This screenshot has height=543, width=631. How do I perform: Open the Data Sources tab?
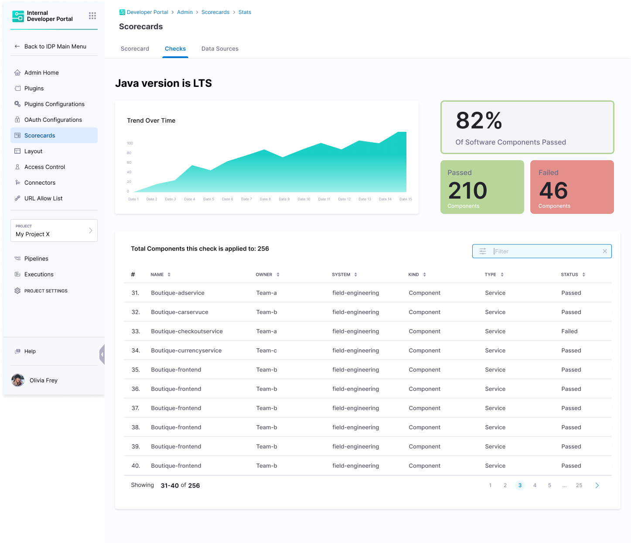coord(220,49)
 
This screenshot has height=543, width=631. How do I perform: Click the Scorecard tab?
coord(135,49)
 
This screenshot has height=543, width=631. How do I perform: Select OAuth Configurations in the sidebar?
coord(53,120)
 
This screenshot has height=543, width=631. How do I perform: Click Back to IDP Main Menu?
coord(55,46)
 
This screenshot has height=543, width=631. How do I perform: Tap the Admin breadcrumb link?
coord(185,12)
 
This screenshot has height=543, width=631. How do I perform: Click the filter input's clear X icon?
coord(605,251)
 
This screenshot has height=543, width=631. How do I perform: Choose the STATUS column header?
coord(570,275)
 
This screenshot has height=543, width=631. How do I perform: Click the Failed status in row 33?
coord(569,331)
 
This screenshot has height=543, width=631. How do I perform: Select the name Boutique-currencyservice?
coord(186,351)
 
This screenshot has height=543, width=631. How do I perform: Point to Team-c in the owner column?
coord(266,351)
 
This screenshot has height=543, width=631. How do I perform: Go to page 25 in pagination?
coord(579,485)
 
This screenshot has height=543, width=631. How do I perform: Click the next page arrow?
coord(597,485)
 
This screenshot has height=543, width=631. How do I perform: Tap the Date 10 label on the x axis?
coord(304,199)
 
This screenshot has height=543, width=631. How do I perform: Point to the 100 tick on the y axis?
coord(130,143)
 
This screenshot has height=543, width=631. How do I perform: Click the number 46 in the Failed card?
coord(553,190)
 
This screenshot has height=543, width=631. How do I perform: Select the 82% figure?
coord(479,120)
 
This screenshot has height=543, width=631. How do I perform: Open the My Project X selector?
coord(54,230)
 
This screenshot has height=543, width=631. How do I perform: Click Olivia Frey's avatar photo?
coord(18,380)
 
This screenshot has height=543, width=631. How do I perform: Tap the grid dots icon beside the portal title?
coord(92,16)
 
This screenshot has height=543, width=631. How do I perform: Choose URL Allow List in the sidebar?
coord(44,198)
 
